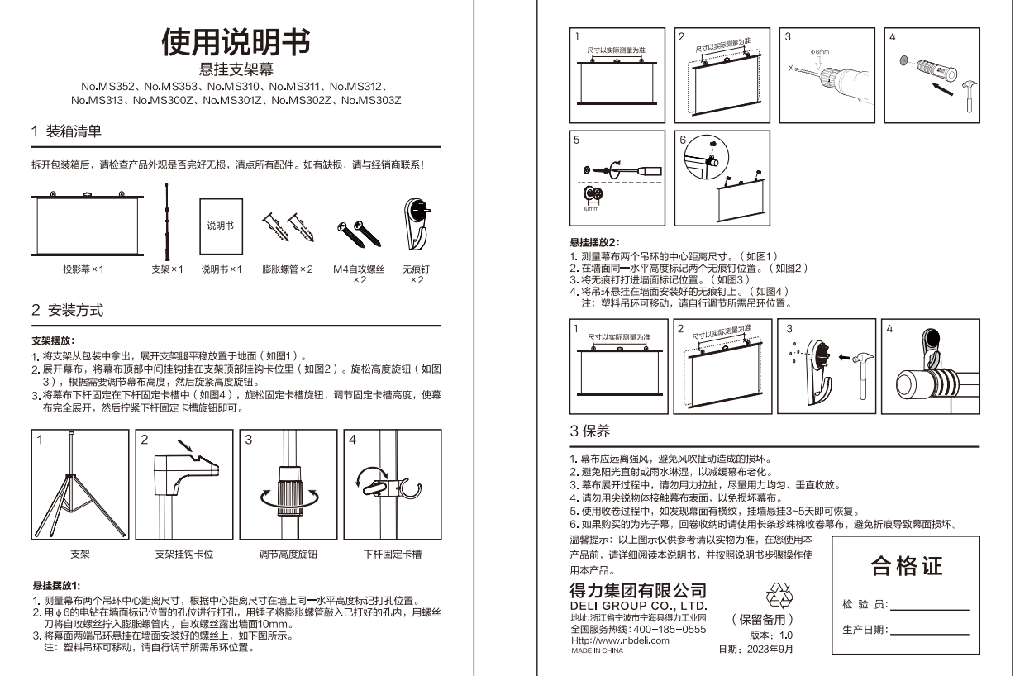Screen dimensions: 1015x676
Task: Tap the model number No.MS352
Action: point(107,86)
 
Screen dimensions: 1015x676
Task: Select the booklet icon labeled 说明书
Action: point(222,226)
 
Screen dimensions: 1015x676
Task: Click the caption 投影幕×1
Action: point(83,269)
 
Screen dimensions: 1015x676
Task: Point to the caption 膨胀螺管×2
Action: point(288,269)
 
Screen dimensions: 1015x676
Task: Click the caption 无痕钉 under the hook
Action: point(417,269)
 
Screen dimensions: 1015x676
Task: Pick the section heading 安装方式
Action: point(76,311)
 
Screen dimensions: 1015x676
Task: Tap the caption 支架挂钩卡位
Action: point(184,555)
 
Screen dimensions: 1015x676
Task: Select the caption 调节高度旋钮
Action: point(288,555)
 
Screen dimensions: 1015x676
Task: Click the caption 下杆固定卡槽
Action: point(393,555)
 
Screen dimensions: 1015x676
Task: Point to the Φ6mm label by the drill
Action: point(820,52)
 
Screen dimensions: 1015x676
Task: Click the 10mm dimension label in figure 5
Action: point(591,209)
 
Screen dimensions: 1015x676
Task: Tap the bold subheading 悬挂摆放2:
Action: point(594,242)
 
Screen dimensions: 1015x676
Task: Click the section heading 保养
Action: point(597,431)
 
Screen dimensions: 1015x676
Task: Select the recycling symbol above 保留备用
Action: point(779,595)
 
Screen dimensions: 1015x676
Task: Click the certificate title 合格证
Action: point(907,566)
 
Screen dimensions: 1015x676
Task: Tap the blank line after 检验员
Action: point(930,611)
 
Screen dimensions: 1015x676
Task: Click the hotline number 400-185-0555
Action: point(670,630)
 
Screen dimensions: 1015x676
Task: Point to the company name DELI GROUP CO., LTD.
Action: point(639,606)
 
